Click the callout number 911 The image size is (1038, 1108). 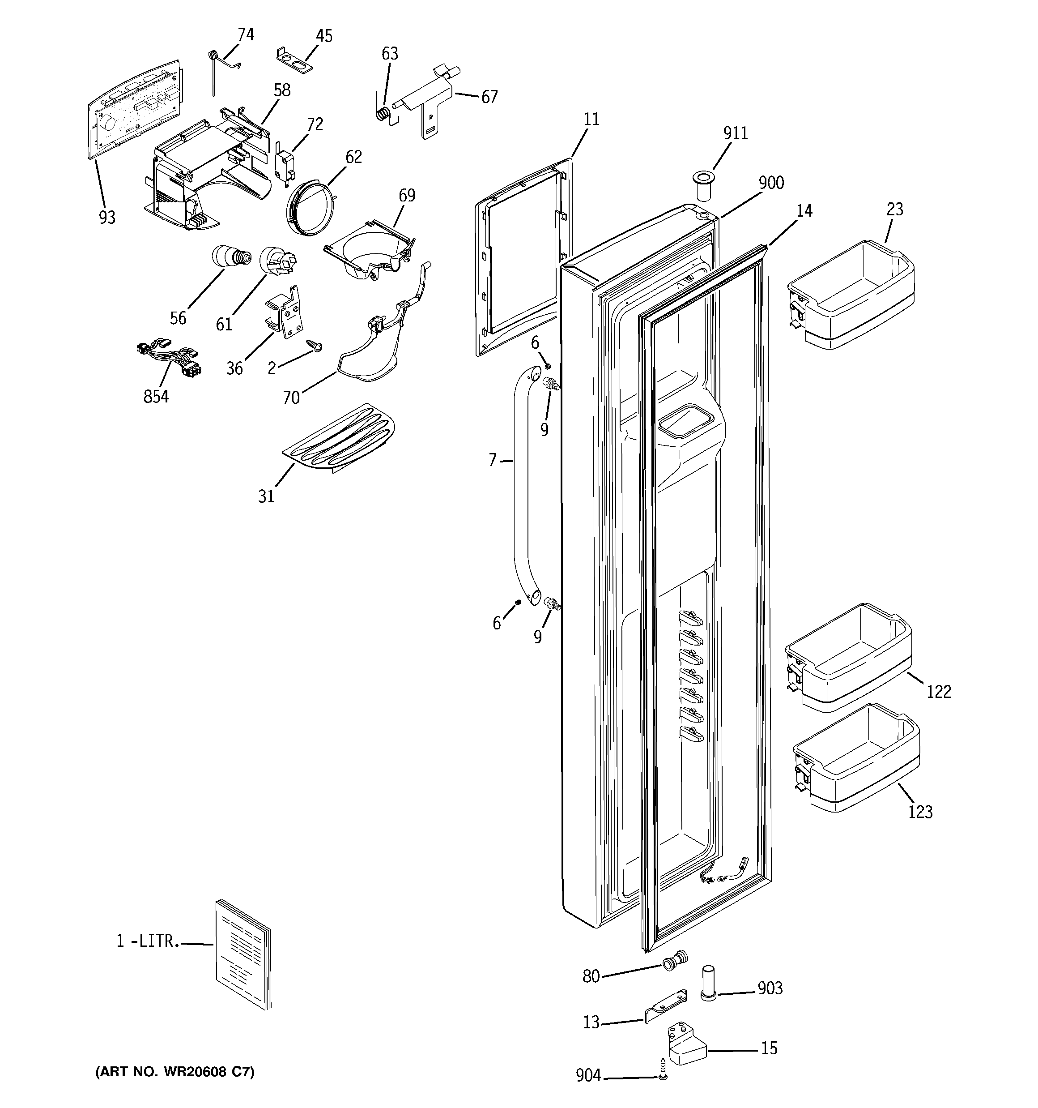(736, 133)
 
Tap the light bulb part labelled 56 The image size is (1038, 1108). (229, 258)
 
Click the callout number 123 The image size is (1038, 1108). (920, 812)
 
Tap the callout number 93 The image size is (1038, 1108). (107, 218)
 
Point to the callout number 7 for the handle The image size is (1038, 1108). (492, 460)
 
